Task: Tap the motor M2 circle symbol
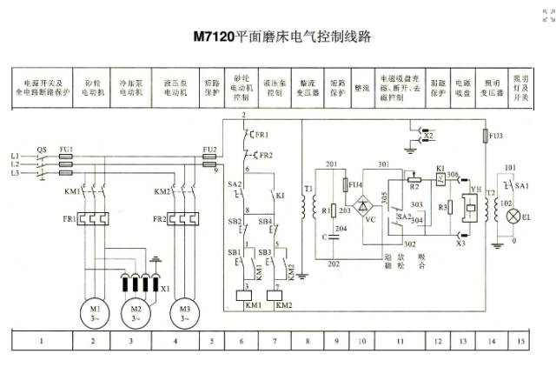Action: [135, 311]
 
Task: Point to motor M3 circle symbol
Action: [183, 311]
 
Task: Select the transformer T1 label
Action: [308, 187]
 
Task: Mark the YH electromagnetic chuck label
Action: [475, 186]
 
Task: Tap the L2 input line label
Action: [14, 164]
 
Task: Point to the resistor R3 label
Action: [442, 208]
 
